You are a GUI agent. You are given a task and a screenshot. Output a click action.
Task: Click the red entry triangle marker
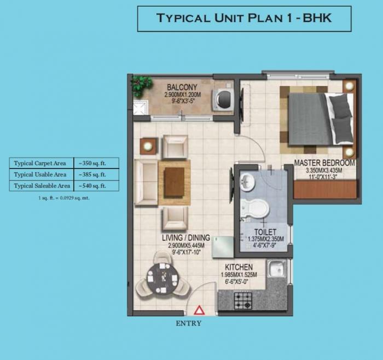[x=200, y=310]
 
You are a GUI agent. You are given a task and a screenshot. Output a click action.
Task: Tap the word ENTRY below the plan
[x=189, y=323]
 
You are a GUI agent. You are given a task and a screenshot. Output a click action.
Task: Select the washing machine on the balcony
[x=223, y=99]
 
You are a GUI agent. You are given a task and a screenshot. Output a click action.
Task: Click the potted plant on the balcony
[x=142, y=85]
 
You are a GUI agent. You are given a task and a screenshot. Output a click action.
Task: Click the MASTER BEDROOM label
[x=324, y=163]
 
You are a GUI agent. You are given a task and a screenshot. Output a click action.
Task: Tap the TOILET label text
[x=265, y=232]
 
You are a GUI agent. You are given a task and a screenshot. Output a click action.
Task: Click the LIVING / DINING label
[x=186, y=238]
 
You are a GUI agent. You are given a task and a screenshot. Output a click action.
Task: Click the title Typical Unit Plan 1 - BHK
[x=244, y=18]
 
